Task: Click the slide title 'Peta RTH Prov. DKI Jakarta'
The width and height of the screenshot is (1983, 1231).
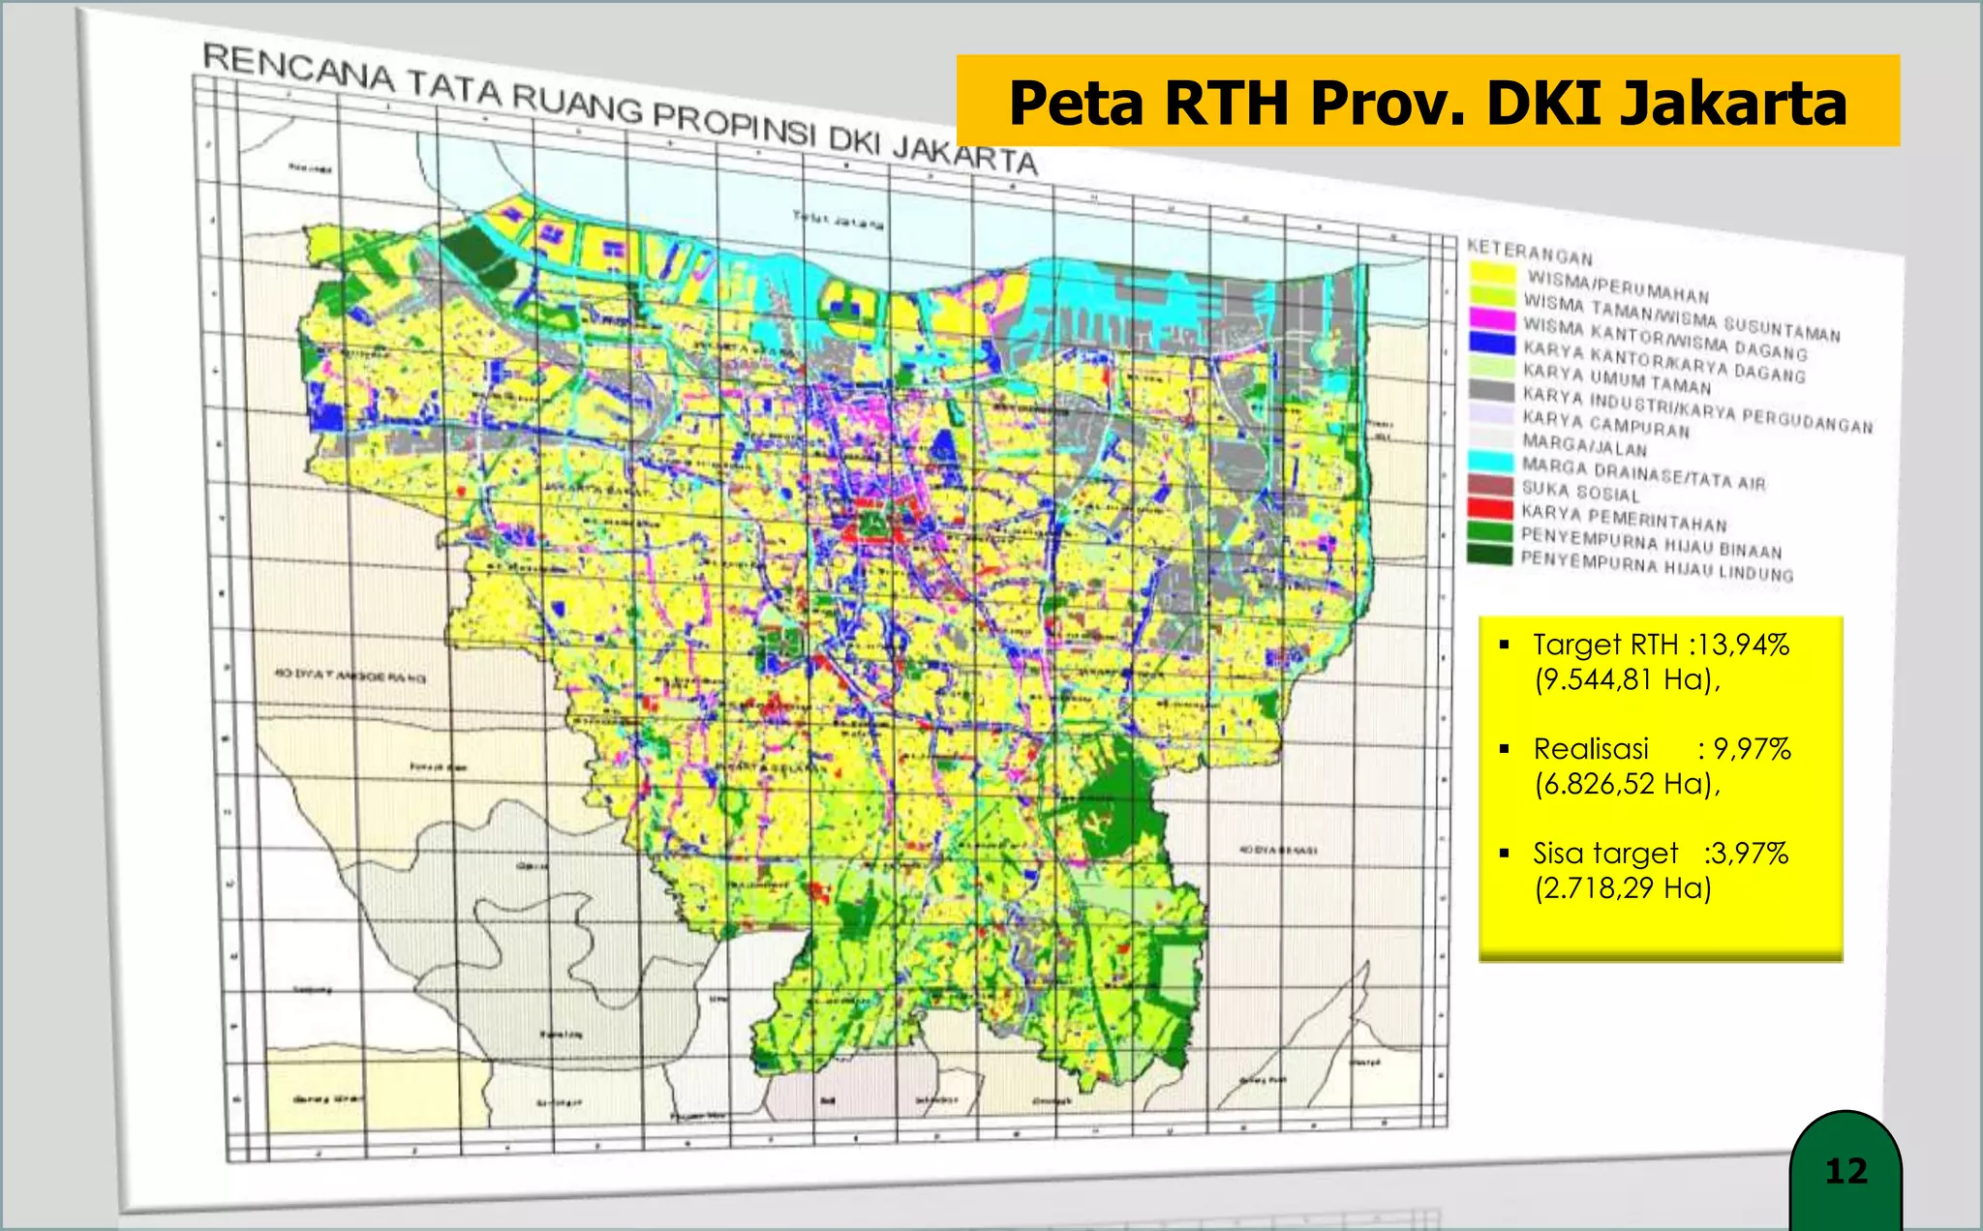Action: point(1427,102)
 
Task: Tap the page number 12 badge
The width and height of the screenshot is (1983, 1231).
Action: point(1846,1171)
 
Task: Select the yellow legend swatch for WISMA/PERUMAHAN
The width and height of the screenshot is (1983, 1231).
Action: point(1492,273)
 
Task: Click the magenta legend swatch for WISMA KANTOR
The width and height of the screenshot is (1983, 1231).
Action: point(1492,318)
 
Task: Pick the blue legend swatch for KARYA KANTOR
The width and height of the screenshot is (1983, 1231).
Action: point(1492,343)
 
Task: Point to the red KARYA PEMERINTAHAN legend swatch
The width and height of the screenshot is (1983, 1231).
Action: point(1490,508)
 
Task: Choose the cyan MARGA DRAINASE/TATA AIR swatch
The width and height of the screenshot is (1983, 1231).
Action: point(1491,462)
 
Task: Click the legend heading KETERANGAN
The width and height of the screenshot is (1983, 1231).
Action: point(1530,252)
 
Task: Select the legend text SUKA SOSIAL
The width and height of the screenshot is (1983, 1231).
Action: point(1580,492)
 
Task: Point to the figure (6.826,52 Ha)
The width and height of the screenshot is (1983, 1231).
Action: point(1627,784)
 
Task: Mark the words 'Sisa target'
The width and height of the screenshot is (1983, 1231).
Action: point(1604,854)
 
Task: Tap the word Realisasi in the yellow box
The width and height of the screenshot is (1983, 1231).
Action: point(1591,749)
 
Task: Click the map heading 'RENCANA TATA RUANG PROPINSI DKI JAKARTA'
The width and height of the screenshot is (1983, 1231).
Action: point(620,108)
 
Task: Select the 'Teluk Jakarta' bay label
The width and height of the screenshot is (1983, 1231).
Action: point(839,221)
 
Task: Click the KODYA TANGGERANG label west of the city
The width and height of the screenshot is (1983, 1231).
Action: point(351,676)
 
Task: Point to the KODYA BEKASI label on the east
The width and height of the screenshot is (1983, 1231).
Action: point(1278,850)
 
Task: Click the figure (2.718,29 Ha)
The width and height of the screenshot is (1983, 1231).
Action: point(1623,888)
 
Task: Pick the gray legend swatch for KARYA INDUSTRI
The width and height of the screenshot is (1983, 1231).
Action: point(1491,390)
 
